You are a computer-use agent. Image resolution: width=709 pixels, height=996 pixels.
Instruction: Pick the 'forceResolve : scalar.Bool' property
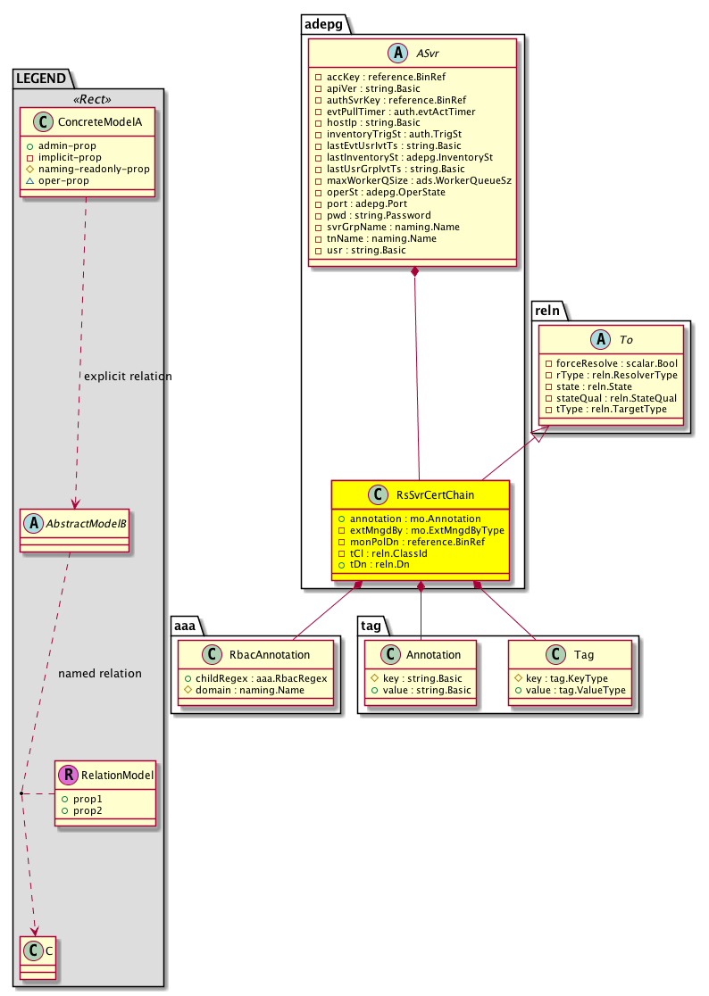(615, 363)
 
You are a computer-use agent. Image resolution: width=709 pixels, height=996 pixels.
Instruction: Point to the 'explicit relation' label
(128, 377)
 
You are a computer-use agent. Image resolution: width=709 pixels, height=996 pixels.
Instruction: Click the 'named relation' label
(99, 674)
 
